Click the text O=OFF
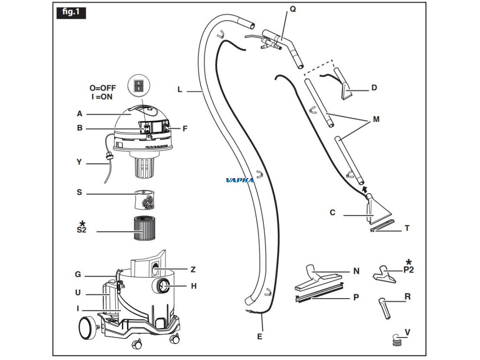click(x=103, y=88)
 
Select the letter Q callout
click(x=293, y=8)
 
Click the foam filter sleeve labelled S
click(x=145, y=199)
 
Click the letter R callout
click(x=408, y=296)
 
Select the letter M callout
click(x=376, y=119)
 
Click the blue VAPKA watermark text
click(x=240, y=180)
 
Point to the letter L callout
click(x=180, y=90)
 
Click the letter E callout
click(x=260, y=336)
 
